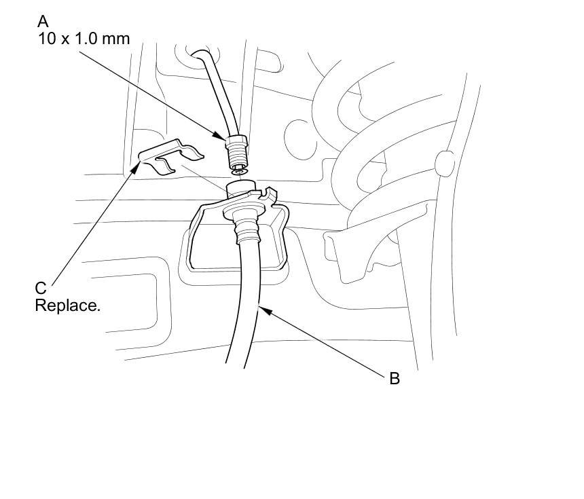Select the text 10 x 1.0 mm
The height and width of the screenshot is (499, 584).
coord(84,39)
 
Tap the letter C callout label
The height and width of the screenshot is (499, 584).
coord(41,289)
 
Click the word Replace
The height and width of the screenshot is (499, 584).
coord(67,306)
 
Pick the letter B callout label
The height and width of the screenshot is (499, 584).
coord(395,379)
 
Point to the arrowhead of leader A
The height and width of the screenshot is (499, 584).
coord(225,141)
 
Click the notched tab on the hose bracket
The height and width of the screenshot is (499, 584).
coord(273,195)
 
